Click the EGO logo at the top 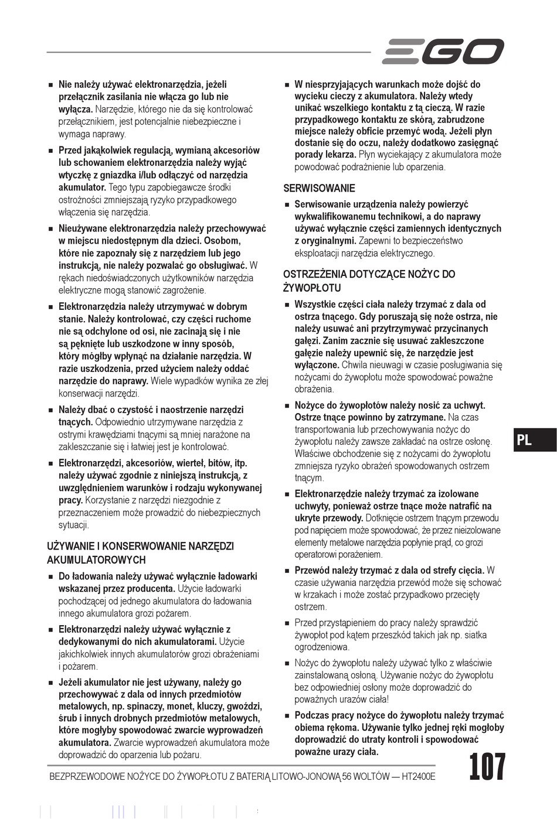click(x=443, y=52)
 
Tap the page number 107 click(x=487, y=767)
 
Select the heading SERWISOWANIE click(x=319, y=189)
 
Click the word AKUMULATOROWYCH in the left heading click(x=96, y=560)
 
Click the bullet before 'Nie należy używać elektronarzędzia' click(x=51, y=85)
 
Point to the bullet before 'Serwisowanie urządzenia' click(x=287, y=205)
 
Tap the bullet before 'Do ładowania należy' click(x=51, y=577)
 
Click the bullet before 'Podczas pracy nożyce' click(x=287, y=716)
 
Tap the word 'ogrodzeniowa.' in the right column click(x=322, y=647)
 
